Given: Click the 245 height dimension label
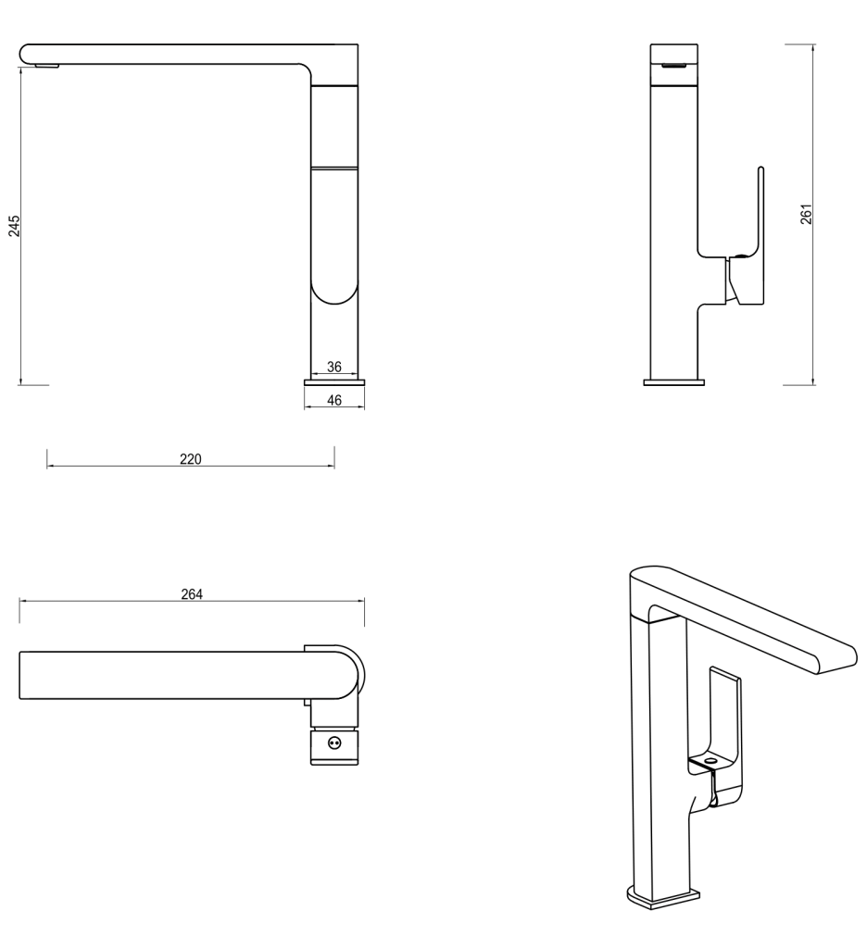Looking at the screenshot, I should pyautogui.click(x=14, y=227).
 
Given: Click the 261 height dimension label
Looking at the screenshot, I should pyautogui.click(x=806, y=215).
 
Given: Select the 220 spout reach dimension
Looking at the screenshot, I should pyautogui.click(x=191, y=459).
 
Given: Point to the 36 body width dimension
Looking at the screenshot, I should pyautogui.click(x=334, y=367).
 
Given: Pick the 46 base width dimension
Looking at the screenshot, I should pyautogui.click(x=334, y=401).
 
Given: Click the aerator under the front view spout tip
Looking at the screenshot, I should pyautogui.click(x=44, y=65).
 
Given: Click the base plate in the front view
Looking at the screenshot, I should pyautogui.click(x=334, y=380).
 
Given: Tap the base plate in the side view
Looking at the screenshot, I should pyautogui.click(x=674, y=380).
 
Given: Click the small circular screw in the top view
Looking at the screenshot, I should pyautogui.click(x=334, y=741).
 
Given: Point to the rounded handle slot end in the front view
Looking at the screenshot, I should pyautogui.click(x=334, y=294).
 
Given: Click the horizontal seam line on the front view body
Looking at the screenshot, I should pyautogui.click(x=334, y=167).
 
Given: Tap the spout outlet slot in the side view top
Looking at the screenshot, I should pyautogui.click(x=675, y=64).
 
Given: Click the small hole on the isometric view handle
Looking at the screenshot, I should pyautogui.click(x=710, y=758).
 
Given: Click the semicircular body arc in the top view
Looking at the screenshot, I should pyautogui.click(x=356, y=671).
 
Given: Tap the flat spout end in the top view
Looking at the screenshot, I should pyautogui.click(x=21, y=675).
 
